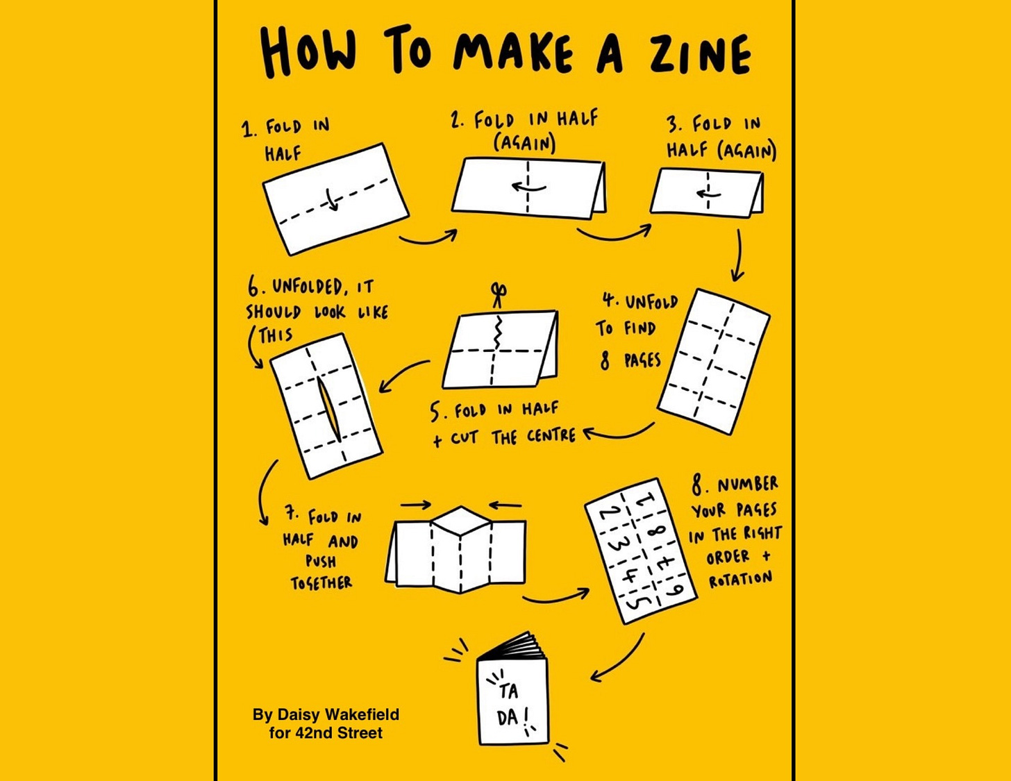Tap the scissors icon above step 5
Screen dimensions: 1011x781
click(x=499, y=295)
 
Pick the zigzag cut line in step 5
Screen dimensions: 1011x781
click(x=498, y=330)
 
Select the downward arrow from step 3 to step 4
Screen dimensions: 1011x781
click(x=737, y=255)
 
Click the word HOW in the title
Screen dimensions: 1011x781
click(x=310, y=51)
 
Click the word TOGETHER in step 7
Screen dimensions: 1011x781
click(x=321, y=583)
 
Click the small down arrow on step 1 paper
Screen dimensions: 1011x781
click(x=332, y=200)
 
